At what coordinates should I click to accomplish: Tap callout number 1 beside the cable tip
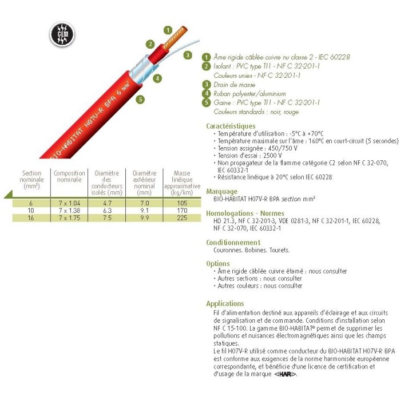point(167,30)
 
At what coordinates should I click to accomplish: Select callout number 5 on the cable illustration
point(140,99)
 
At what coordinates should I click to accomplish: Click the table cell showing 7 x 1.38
point(69,211)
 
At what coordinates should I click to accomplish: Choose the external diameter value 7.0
point(144,203)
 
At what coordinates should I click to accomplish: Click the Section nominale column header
point(31,180)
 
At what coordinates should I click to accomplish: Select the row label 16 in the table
point(31,218)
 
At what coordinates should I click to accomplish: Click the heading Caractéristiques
point(231,126)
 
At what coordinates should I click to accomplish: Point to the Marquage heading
point(222,192)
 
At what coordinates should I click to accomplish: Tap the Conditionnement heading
point(233,243)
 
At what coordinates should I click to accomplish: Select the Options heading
point(217,264)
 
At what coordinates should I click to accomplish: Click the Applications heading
point(225,304)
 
